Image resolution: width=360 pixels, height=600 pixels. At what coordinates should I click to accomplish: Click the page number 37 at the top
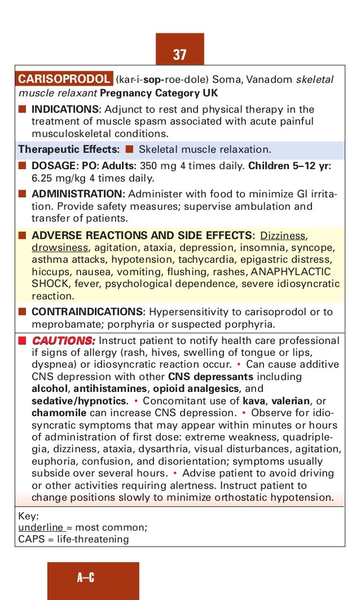pos(179,55)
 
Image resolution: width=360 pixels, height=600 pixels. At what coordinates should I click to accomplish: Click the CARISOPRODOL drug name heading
pos(64,80)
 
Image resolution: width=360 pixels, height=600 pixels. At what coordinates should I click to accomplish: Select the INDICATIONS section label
pos(65,109)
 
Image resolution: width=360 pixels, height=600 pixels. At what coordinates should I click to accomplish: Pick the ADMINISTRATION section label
pos(77,194)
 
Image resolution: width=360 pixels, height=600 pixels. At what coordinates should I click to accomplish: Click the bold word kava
pos(253,402)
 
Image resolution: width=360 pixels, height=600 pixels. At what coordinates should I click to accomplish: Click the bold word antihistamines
pos(112,389)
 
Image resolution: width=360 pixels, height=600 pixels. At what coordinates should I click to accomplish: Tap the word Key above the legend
pos(28,515)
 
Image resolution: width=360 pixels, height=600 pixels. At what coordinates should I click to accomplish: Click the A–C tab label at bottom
pos(86,577)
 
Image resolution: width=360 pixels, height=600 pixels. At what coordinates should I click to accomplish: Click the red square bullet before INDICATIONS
pos(22,109)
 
